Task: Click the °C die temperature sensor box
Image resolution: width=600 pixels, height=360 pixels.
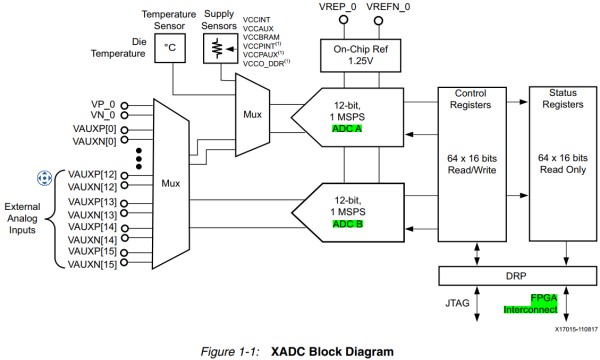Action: tap(170, 46)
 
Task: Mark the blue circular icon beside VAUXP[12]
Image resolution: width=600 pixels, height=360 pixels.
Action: tap(43, 178)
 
